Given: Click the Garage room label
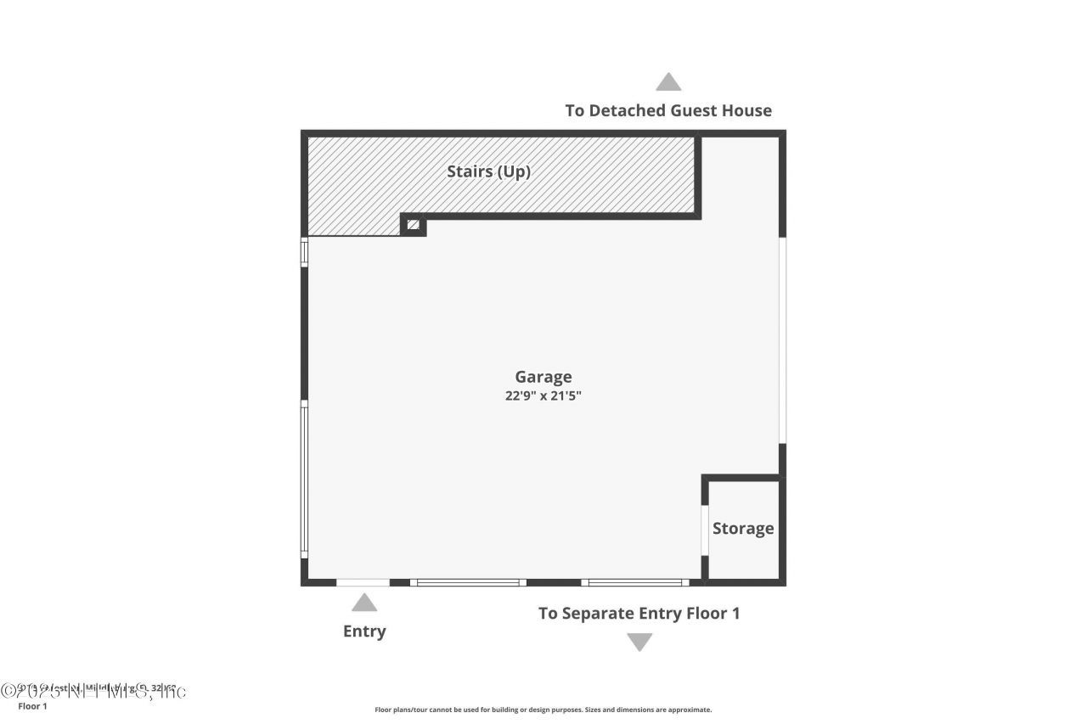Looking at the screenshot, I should point(543,377).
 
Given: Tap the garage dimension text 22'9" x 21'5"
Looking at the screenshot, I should point(543,395).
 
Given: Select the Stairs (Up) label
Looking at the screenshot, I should point(488,171).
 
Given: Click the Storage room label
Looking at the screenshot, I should point(743,528).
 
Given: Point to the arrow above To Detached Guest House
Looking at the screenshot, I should point(668,81).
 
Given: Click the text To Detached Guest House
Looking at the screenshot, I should point(668,110).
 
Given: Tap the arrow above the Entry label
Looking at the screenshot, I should point(364,603).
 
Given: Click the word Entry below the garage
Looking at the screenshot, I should point(364,631).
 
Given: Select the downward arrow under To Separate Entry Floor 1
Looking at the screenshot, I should point(639,643).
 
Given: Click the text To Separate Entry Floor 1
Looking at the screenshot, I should point(639,613).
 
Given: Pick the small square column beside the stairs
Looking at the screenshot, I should point(414,225).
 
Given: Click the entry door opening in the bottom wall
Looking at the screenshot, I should point(363,582).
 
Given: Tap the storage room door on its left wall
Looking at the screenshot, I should point(704,530).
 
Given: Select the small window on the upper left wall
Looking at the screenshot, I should point(304,253).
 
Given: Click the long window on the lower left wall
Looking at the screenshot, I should point(304,481).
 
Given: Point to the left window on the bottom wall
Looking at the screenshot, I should point(468,582).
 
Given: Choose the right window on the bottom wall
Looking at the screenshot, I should point(636,582).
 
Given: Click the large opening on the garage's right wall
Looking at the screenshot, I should point(782,340).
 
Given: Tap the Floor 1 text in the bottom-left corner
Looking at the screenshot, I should point(32,706).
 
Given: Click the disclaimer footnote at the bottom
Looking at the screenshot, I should point(543,710).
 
